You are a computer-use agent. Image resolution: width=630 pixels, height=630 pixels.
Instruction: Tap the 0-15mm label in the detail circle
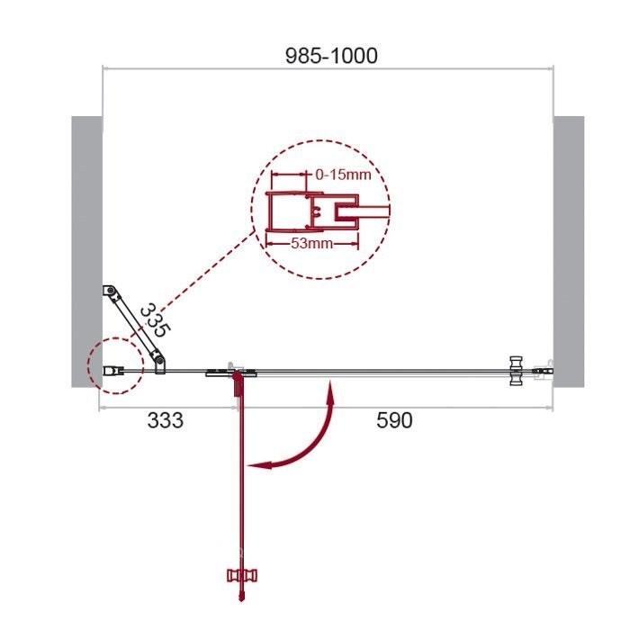coord(343,175)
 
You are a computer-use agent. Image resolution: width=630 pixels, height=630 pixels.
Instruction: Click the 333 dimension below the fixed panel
coord(165,420)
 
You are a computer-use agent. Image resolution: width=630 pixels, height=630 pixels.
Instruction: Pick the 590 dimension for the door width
coord(394,420)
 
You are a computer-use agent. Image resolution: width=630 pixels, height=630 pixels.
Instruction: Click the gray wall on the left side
coord(86,251)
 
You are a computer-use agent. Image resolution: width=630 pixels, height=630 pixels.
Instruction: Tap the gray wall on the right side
coord(568,251)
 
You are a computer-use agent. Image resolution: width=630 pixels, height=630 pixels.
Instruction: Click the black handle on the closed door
coord(516,370)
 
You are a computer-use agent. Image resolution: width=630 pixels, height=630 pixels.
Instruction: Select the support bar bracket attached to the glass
coord(159,363)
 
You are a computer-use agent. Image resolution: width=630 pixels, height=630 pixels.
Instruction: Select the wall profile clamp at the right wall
coord(543,369)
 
